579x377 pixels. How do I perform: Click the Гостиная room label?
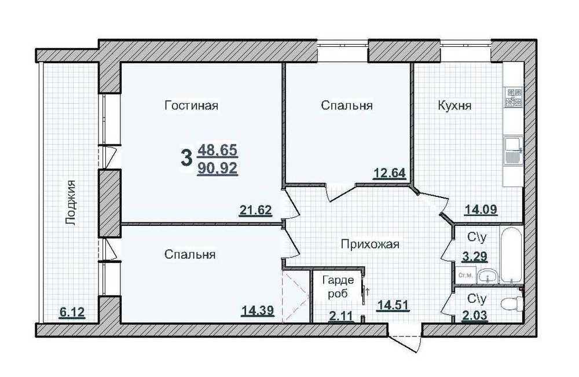[x=191, y=105]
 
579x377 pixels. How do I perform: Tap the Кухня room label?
[x=455, y=106]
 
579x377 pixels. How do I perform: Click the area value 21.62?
[x=255, y=210]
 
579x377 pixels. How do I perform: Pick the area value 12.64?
[x=389, y=173]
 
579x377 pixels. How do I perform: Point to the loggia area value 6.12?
[x=72, y=313]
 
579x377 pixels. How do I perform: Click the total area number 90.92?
[x=217, y=170]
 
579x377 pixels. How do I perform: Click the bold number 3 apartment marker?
[x=186, y=158]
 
